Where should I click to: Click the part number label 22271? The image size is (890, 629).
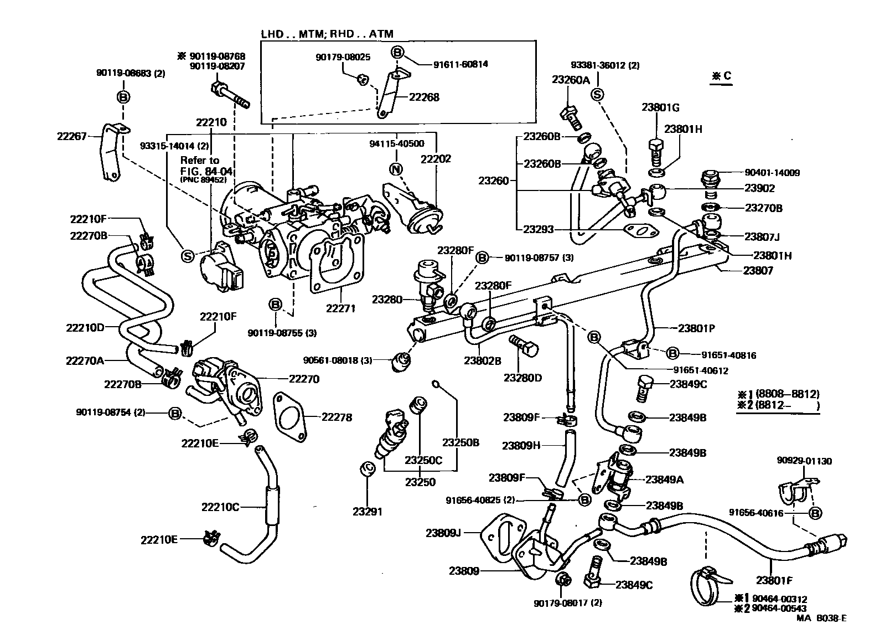tap(340, 309)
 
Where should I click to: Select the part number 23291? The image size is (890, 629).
tap(367, 512)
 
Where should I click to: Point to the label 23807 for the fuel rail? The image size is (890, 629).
tap(758, 271)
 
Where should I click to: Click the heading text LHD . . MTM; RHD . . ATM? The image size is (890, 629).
tap(327, 34)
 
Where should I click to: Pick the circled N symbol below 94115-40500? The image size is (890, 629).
tap(395, 169)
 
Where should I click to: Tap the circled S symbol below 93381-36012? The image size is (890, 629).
tap(597, 95)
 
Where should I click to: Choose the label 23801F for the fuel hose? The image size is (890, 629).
tap(774, 581)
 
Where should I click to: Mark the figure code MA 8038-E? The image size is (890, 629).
tap(821, 618)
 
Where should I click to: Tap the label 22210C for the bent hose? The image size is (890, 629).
tap(220, 507)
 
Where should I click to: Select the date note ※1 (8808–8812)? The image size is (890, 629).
tap(778, 394)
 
